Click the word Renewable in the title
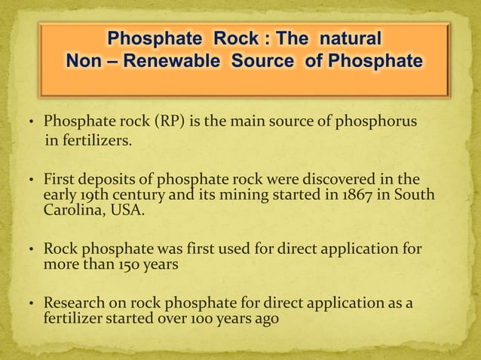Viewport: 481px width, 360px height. pos(164,59)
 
